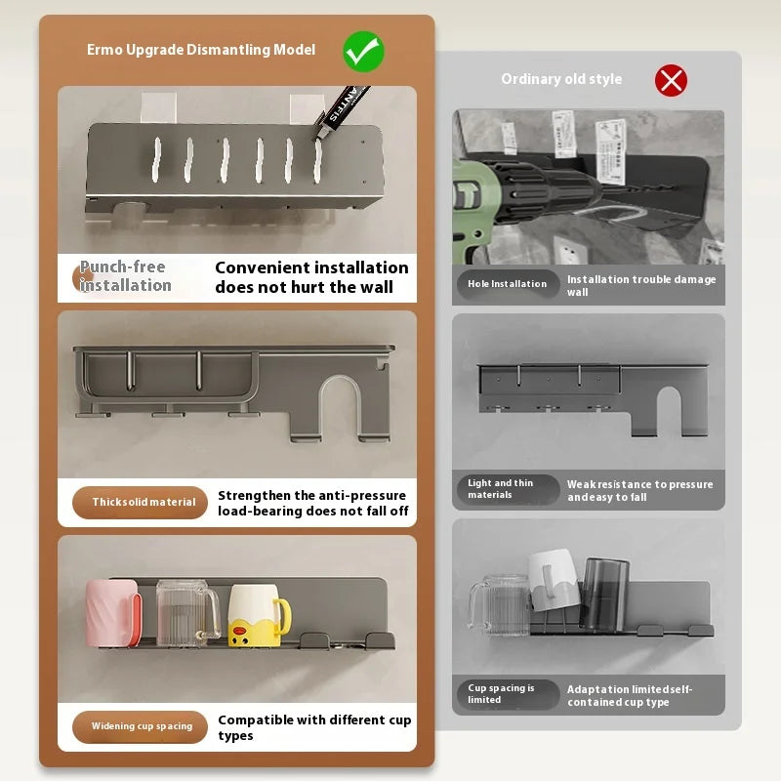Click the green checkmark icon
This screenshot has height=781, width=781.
(x=363, y=52)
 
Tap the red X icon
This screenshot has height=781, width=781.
(x=671, y=80)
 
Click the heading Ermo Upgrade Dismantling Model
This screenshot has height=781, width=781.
(x=201, y=50)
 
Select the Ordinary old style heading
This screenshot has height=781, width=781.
(x=561, y=79)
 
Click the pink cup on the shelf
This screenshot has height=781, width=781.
(x=113, y=613)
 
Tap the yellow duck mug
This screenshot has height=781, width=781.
(x=259, y=616)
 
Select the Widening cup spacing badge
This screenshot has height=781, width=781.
(x=140, y=726)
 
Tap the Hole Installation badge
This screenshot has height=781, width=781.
(x=508, y=284)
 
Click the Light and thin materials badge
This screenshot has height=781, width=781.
(x=508, y=489)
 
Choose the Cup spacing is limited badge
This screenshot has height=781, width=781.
(x=508, y=694)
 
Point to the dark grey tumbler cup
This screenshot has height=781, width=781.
(x=604, y=594)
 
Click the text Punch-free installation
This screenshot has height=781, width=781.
(x=126, y=276)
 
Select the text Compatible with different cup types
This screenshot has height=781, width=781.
(x=314, y=727)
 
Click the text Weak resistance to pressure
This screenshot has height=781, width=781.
(x=640, y=484)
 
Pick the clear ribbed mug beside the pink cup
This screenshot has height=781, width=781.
(x=187, y=613)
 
